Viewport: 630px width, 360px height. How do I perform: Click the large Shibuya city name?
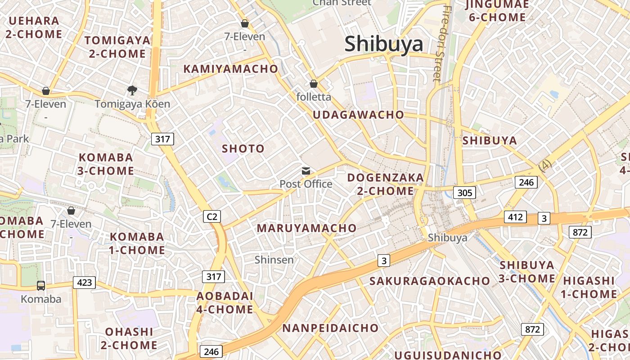(384, 44)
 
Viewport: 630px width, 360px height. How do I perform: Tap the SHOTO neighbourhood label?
(243, 148)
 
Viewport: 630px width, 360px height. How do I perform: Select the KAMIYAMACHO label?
(230, 69)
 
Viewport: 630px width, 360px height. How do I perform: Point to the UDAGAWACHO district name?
(358, 115)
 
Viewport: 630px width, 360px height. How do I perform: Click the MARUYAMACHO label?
(306, 228)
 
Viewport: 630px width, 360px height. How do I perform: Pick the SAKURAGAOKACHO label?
(429, 281)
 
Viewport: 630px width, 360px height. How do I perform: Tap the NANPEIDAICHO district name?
(330, 328)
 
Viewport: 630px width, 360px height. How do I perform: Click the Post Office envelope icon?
(306, 171)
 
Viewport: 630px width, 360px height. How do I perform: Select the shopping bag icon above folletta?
(314, 84)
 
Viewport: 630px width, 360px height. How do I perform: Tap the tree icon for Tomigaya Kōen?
(132, 90)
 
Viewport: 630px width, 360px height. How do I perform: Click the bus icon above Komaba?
(40, 285)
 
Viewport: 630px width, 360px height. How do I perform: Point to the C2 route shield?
(212, 216)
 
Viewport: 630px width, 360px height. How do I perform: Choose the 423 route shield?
(85, 283)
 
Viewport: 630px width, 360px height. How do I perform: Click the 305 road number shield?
(464, 193)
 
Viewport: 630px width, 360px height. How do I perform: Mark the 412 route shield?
(515, 217)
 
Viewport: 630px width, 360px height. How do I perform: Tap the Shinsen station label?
(274, 260)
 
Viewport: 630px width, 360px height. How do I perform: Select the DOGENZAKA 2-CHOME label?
(385, 184)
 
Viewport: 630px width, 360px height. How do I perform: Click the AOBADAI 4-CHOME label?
(225, 302)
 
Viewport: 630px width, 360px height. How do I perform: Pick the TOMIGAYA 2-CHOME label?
(117, 47)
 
